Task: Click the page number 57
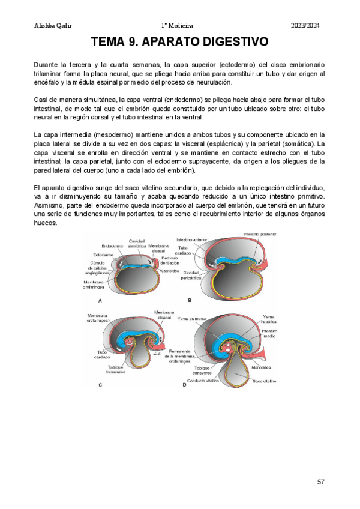click(x=322, y=482)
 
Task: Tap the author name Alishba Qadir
click(x=54, y=25)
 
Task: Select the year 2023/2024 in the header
click(x=306, y=25)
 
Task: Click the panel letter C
click(x=100, y=385)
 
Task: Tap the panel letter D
click(x=184, y=385)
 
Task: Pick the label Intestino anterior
click(x=191, y=239)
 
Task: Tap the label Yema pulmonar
click(x=193, y=319)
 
